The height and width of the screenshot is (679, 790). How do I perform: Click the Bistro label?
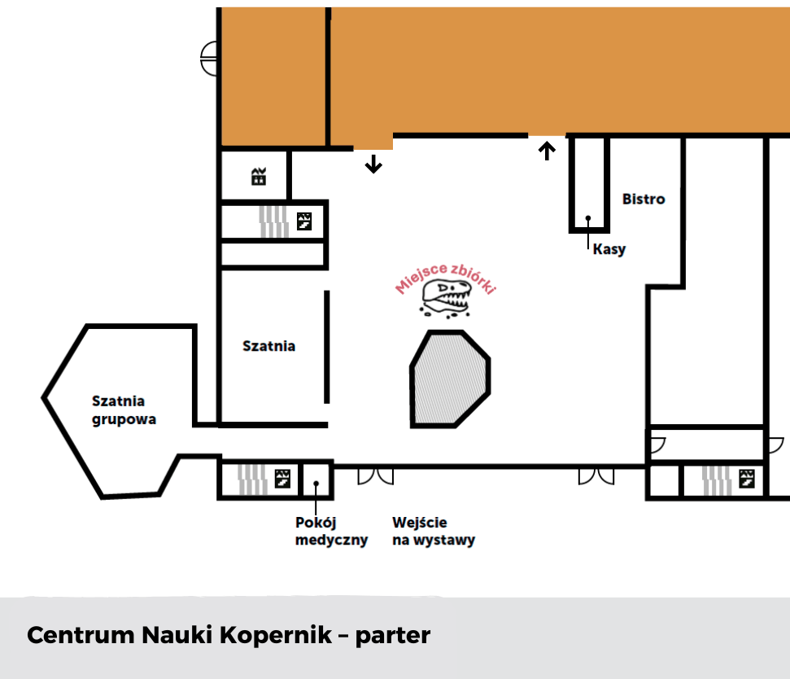(644, 199)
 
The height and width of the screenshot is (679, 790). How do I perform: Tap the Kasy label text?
(609, 249)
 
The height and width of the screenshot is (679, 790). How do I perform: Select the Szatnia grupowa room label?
(124, 410)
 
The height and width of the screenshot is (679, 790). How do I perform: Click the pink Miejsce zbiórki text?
(446, 278)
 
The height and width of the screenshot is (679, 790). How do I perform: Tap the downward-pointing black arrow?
(373, 164)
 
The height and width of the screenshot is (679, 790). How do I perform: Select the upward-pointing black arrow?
(547, 151)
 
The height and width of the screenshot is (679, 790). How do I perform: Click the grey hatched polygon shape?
(450, 379)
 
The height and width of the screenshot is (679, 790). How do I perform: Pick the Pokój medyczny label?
(331, 532)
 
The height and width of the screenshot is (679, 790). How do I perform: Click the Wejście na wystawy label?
(434, 532)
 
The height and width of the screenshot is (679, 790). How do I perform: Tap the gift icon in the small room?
(259, 177)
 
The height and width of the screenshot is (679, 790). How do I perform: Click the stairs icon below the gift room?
(303, 221)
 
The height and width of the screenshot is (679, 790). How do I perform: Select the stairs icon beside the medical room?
(282, 479)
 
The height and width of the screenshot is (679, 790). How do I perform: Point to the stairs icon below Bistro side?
(747, 479)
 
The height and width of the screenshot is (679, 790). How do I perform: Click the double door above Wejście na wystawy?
(375, 476)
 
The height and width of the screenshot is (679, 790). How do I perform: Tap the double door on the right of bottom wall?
(596, 476)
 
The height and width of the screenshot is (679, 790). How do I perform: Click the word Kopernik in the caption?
(276, 635)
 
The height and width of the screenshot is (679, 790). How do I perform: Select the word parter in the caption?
(393, 636)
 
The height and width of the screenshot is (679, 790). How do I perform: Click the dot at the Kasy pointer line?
(588, 218)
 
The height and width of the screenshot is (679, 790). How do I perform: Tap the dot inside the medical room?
(316, 484)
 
